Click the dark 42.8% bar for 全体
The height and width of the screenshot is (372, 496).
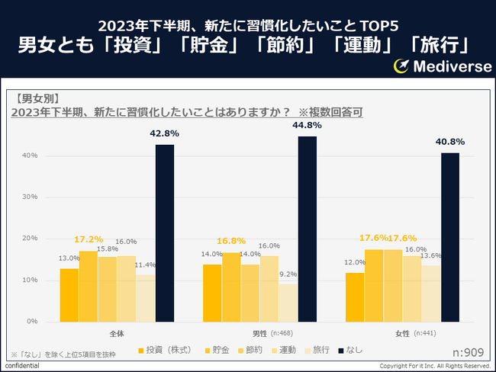165,232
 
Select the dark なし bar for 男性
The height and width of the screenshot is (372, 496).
308,229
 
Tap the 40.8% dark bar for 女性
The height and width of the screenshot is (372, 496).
450,236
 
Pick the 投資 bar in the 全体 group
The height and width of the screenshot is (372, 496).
69,294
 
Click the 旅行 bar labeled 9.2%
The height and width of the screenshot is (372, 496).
288,302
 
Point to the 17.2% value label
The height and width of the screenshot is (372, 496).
89,239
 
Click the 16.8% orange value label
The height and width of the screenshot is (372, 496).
231,241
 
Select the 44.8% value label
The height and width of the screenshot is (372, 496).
307,125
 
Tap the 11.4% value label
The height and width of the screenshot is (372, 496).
146,265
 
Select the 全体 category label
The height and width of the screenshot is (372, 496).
117,333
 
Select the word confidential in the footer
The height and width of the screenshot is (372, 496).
21,367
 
